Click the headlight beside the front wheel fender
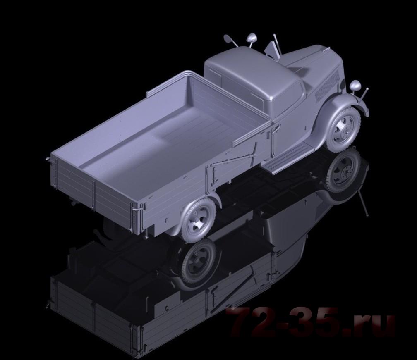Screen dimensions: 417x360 pyautogui.click(x=355, y=86)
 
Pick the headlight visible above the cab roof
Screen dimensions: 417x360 pyautogui.click(x=251, y=38)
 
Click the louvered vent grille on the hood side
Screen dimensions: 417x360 pyautogui.click(x=327, y=86)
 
